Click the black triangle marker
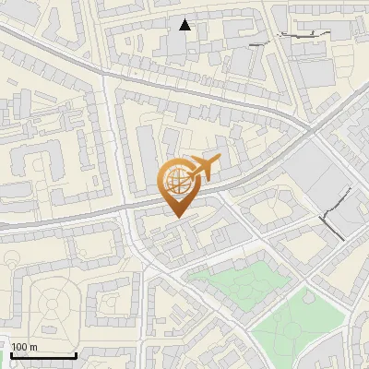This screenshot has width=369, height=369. click(x=185, y=25)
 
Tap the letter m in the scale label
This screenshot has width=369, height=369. click(x=34, y=347)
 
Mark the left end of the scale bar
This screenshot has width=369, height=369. click(x=11, y=355)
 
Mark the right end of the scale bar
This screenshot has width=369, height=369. click(x=77, y=355)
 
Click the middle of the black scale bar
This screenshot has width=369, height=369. click(x=43, y=355)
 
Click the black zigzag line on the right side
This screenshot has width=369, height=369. click(x=338, y=210)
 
